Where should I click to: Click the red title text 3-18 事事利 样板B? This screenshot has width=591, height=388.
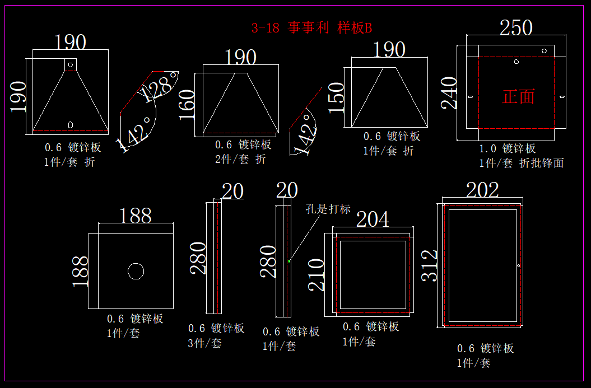tap(311, 28)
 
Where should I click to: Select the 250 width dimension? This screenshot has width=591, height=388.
tap(516, 27)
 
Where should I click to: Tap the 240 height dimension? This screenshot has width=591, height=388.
tap(449, 93)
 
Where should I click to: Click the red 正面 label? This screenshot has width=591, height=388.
tap(519, 96)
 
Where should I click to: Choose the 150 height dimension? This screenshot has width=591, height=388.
tap(336, 98)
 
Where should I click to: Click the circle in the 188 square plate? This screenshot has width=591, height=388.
tap(136, 271)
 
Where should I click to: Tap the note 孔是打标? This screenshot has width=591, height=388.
tap(328, 209)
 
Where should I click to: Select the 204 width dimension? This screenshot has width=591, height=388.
tap(373, 219)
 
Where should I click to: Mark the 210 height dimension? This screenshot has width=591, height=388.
tap(317, 274)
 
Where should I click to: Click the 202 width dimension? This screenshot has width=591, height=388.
tap(482, 190)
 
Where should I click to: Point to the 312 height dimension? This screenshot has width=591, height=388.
tap(429, 265)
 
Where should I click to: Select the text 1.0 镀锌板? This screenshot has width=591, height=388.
tap(508, 148)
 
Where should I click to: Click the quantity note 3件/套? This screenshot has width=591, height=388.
tap(204, 343)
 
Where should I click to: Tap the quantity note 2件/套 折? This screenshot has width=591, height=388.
tap(240, 159)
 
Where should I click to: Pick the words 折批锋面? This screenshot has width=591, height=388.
tap(542, 163)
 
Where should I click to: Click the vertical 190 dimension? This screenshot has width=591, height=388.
tap(18, 96)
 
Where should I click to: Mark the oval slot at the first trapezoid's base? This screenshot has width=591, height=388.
tap(71, 124)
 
